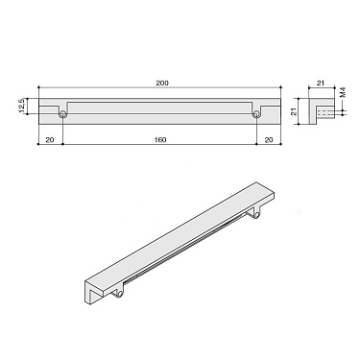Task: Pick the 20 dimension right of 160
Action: click(x=269, y=140)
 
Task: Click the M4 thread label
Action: click(x=344, y=96)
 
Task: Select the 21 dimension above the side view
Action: click(x=322, y=84)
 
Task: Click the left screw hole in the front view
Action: click(x=62, y=115)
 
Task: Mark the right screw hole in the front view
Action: click(x=256, y=115)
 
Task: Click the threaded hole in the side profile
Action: click(x=326, y=115)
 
